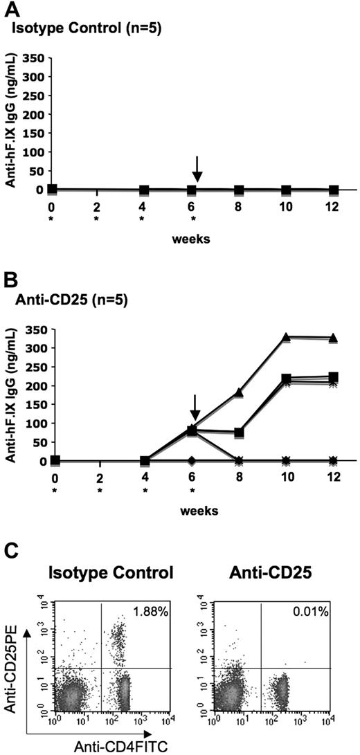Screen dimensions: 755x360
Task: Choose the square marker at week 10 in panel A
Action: (x=286, y=190)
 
